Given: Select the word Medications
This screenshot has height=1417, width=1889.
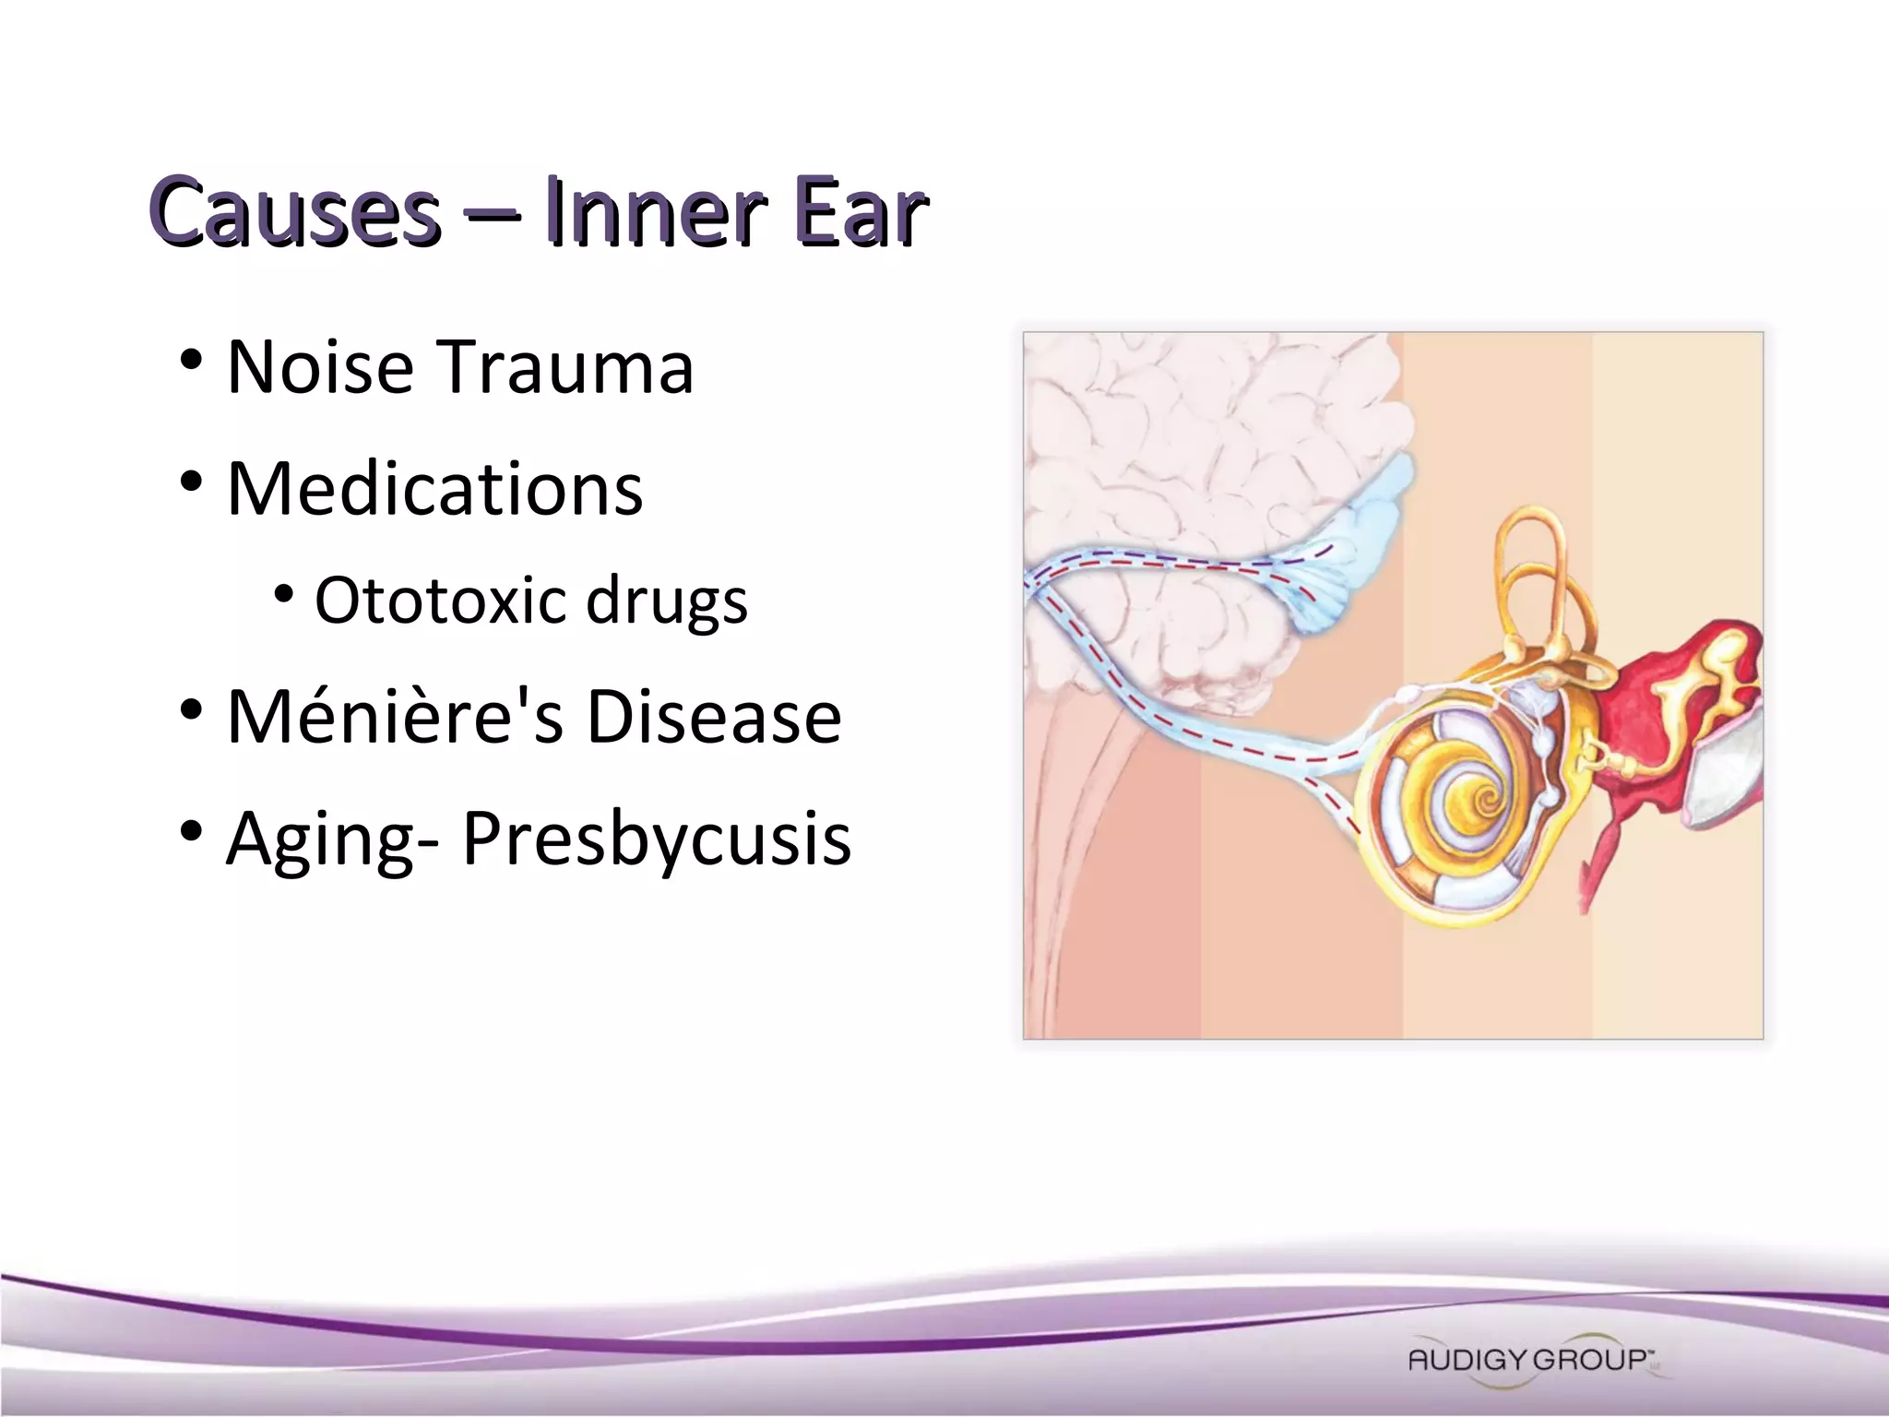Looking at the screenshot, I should coord(434,489).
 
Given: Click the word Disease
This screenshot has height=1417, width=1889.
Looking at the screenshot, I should coord(714,717).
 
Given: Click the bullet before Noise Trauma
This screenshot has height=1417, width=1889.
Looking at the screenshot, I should coord(191,360).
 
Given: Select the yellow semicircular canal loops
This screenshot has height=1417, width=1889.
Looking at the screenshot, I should coord(1531,572).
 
